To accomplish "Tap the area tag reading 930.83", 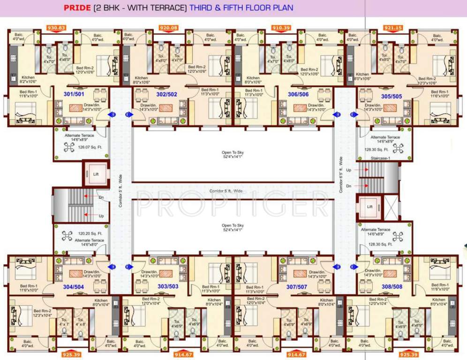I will click(56, 28).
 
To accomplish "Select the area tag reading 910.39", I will click(281, 28).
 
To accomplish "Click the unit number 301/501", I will click(74, 94).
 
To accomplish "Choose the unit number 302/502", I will click(166, 94).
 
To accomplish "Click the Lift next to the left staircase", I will click(96, 174).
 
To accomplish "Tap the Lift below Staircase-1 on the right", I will click(369, 206).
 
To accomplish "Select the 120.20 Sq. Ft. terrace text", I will click(90, 233).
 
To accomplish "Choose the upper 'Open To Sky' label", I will click(233, 152).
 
